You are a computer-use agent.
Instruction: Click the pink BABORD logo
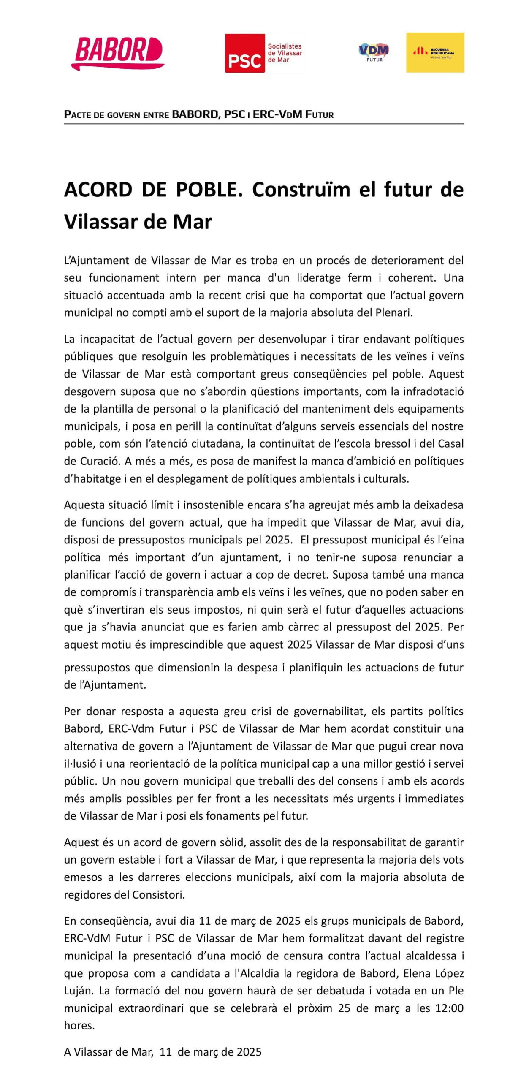click(118, 53)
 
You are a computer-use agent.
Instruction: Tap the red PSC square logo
click(244, 53)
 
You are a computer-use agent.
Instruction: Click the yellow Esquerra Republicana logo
click(435, 52)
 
